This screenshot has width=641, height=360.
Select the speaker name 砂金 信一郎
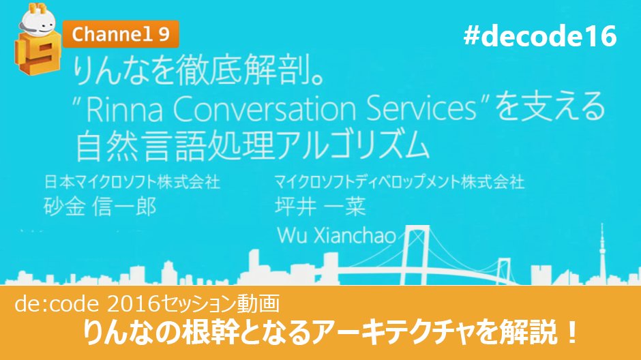[99, 207]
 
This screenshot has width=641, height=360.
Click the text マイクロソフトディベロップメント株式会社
[399, 182]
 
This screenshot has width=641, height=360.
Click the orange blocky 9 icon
[31, 58]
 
